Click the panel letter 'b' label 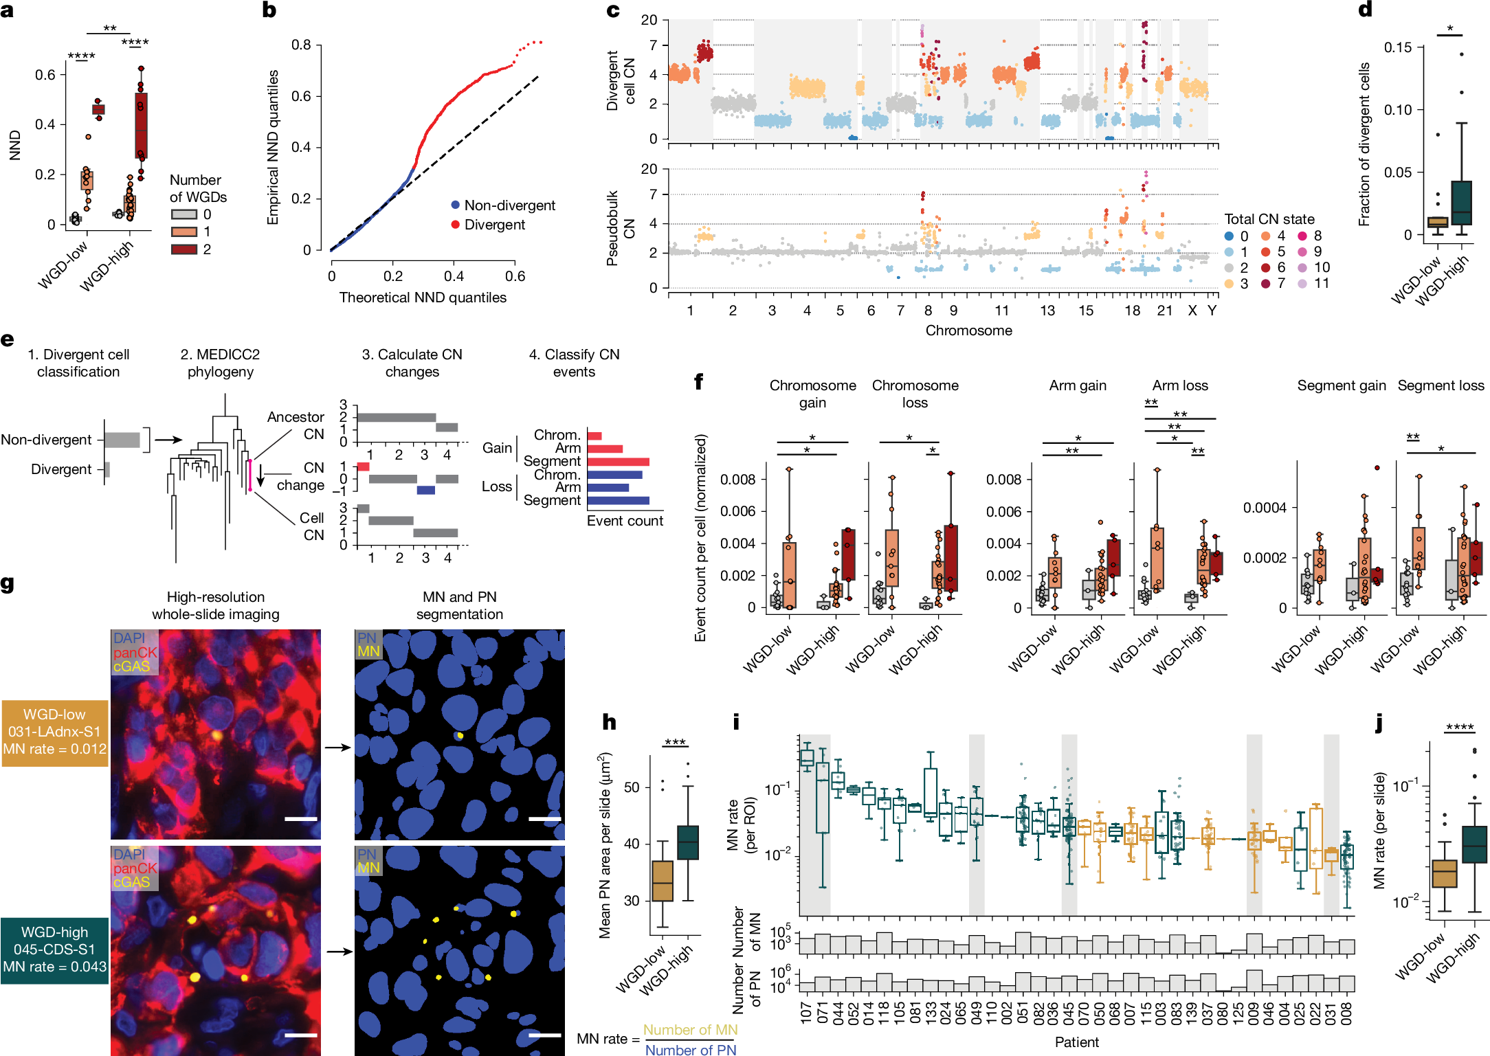point(269,10)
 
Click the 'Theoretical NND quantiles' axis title point(423,297)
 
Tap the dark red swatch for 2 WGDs point(184,249)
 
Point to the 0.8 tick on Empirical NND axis point(302,45)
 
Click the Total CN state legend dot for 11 point(1302,284)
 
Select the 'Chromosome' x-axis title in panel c point(968,330)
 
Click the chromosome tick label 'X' point(1192,311)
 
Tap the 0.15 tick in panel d point(1398,47)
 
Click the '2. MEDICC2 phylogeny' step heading point(220,363)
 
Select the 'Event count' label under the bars point(625,521)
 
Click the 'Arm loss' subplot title point(1180,385)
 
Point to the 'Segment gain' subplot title point(1341,385)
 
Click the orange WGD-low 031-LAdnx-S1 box point(54,732)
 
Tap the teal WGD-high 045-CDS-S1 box point(54,950)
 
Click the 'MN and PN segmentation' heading point(459,605)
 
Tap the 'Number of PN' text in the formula point(690,1049)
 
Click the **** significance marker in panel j point(1460,728)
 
